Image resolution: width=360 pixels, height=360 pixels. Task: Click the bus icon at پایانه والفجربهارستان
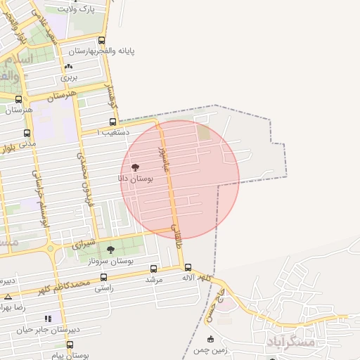[x=103, y=41]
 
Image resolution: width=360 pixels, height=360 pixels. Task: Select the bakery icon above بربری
[x=68, y=66]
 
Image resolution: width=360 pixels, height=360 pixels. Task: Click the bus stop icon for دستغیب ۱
[x=113, y=122]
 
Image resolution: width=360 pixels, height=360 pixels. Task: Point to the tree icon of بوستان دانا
[x=135, y=167]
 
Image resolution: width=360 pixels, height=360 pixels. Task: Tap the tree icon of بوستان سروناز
[x=110, y=250]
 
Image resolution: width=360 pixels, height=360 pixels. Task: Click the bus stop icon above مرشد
[x=154, y=269]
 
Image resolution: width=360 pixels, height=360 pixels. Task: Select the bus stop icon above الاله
[x=188, y=267]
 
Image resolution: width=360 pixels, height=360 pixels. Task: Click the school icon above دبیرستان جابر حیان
[x=49, y=318]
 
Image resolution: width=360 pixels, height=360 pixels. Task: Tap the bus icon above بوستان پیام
[x=70, y=345]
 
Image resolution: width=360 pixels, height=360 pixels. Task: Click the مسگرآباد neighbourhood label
[x=290, y=342]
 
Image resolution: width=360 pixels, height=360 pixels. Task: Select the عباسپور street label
[x=163, y=156]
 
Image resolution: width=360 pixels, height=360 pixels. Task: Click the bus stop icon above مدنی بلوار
[x=27, y=134]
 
